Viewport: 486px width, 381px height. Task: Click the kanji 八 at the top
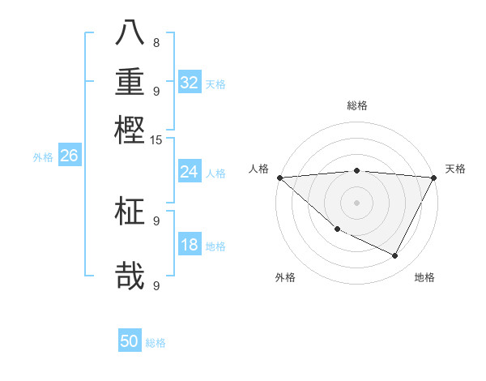(x=130, y=34)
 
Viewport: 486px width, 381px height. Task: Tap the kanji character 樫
(x=130, y=129)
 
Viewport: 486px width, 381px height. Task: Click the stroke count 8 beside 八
(x=156, y=42)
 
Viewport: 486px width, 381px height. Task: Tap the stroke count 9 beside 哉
(x=156, y=285)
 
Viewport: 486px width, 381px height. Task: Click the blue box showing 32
(x=190, y=83)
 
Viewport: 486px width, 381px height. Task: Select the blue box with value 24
(x=190, y=172)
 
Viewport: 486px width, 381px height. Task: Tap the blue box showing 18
(x=190, y=245)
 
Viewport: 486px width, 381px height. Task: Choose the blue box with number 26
(x=69, y=156)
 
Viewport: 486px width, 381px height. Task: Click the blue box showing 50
(x=130, y=341)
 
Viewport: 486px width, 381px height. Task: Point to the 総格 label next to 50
(x=156, y=343)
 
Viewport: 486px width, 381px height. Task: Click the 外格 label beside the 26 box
(x=43, y=157)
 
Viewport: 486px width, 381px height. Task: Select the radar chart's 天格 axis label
(x=455, y=169)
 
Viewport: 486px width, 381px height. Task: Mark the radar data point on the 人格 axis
(x=279, y=178)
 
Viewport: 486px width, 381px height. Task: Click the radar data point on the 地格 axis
(x=395, y=256)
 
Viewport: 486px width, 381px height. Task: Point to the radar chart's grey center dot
(x=356, y=202)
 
